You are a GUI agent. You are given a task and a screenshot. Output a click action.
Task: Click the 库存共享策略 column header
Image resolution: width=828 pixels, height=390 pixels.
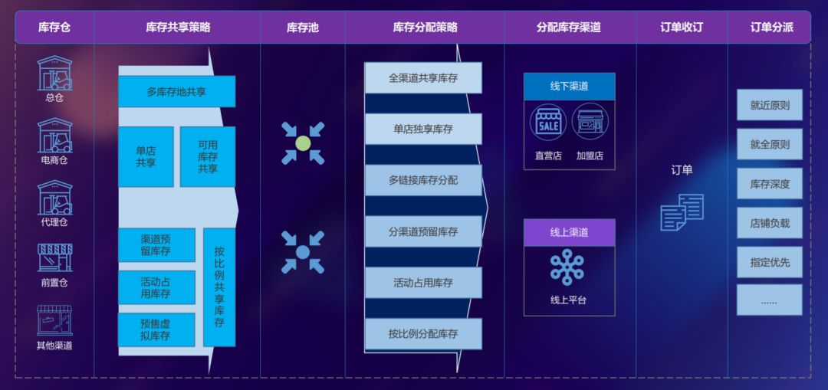[177, 28]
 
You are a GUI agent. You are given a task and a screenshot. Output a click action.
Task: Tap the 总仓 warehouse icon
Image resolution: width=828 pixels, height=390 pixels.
[54, 74]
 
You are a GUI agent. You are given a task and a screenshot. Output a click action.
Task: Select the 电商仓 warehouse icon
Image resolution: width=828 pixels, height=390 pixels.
[54, 136]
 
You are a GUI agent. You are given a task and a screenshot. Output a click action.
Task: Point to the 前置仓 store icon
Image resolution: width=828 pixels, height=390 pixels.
[54, 258]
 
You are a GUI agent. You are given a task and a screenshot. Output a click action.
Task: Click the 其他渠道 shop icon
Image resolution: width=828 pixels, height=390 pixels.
[54, 320]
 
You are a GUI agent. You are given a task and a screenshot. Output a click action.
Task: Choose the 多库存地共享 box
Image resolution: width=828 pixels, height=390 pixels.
[176, 91]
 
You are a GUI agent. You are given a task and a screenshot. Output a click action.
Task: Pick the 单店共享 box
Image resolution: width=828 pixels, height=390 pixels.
[146, 156]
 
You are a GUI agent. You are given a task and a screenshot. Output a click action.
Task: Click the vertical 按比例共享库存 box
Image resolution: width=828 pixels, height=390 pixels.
[219, 287]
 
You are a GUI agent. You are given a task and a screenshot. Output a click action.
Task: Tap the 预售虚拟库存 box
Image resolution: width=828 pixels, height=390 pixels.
[156, 329]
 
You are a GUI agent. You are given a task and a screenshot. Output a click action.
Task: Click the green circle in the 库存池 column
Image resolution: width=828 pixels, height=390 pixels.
[303, 143]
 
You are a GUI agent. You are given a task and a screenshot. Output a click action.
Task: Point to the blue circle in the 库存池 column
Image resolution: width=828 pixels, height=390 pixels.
[303, 252]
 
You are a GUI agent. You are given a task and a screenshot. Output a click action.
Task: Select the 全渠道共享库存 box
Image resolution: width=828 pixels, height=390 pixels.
[423, 78]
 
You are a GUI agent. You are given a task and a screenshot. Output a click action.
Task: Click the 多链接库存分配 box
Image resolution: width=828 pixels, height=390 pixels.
[423, 180]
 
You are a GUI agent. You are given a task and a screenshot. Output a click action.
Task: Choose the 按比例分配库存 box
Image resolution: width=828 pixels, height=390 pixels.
[423, 334]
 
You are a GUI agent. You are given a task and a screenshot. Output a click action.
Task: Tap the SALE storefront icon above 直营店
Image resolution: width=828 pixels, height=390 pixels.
[547, 122]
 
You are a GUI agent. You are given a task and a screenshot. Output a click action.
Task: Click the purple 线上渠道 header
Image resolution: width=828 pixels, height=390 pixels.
[569, 232]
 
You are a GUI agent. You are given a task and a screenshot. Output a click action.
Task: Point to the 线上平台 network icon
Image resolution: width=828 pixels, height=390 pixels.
[567, 267]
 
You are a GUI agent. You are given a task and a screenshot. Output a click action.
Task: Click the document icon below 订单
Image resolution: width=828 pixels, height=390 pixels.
[682, 212]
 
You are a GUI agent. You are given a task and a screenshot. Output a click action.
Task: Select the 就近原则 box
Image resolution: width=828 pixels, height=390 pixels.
[769, 105]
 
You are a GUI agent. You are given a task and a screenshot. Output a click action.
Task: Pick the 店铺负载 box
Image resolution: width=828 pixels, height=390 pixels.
[769, 223]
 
